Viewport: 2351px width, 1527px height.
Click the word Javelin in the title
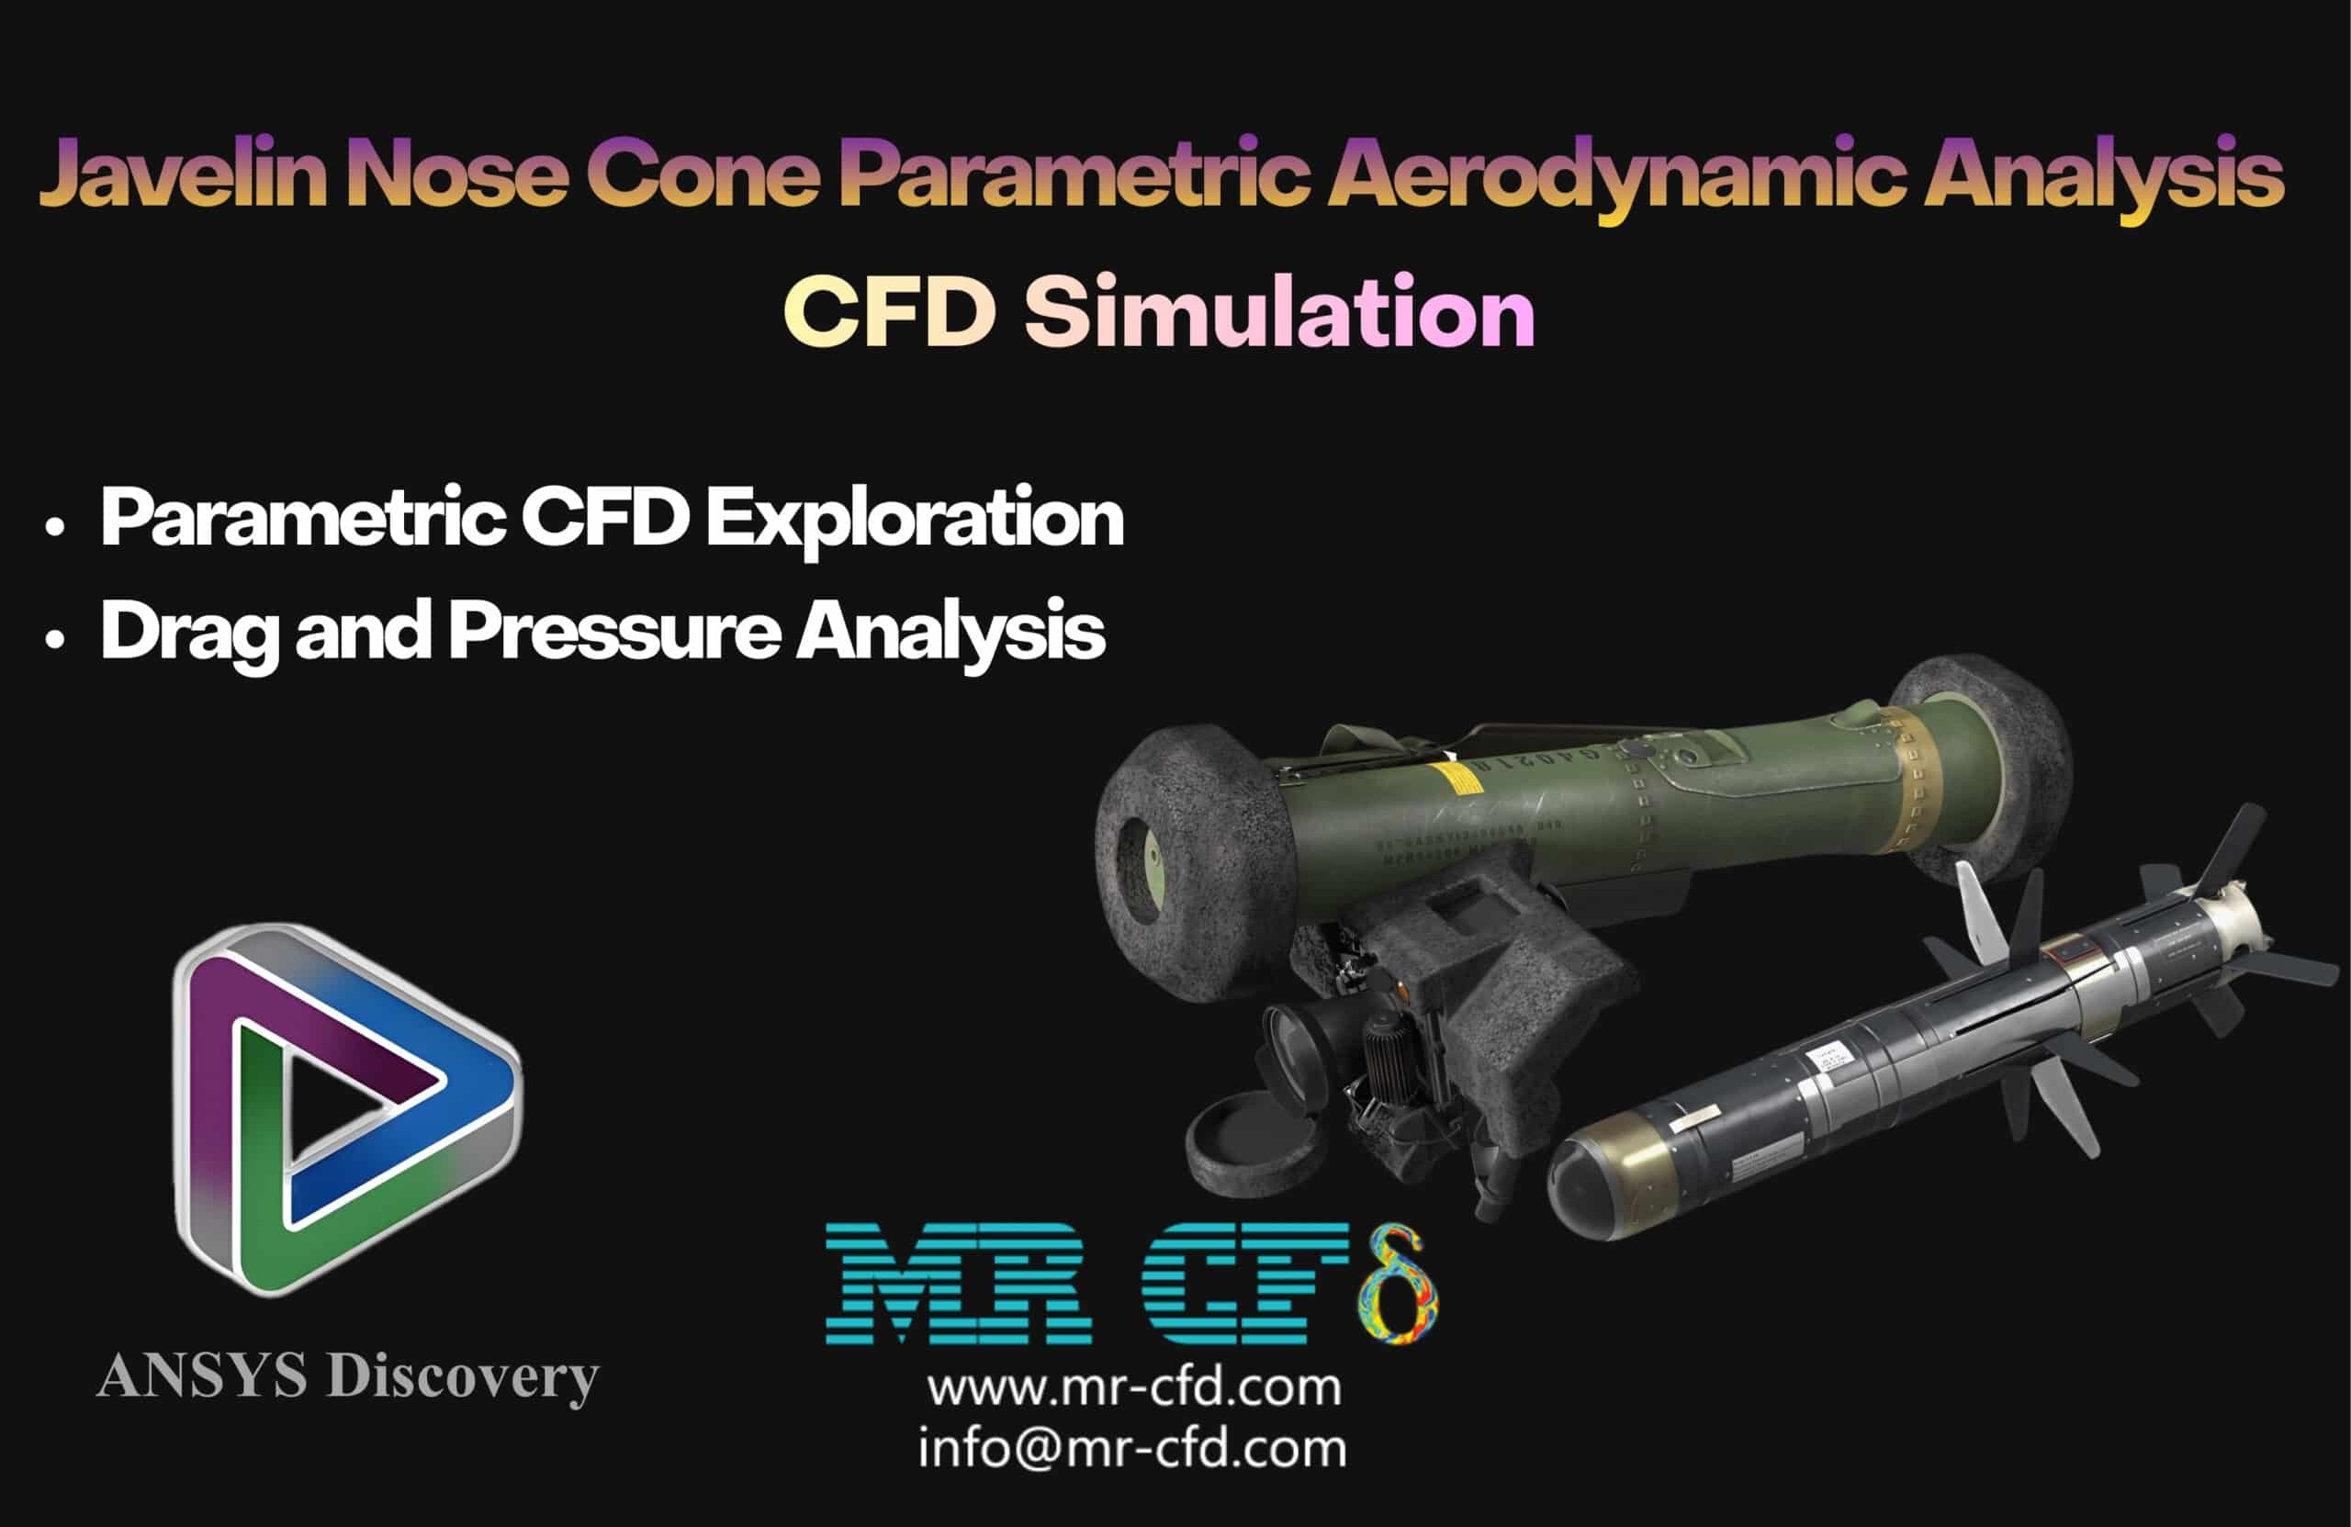(x=183, y=174)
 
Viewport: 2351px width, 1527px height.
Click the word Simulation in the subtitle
(x=1278, y=311)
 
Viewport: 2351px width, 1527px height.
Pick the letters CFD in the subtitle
(x=889, y=311)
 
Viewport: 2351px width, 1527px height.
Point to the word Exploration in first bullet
(x=915, y=519)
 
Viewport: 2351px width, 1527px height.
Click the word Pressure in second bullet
(x=614, y=631)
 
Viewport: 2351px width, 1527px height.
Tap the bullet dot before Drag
(x=55, y=640)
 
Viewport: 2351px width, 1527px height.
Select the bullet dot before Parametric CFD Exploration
(x=55, y=526)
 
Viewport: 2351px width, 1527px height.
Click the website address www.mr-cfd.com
(x=1134, y=1387)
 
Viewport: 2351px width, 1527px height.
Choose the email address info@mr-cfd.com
(x=1132, y=1449)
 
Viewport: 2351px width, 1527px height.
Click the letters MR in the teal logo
(x=958, y=1283)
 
